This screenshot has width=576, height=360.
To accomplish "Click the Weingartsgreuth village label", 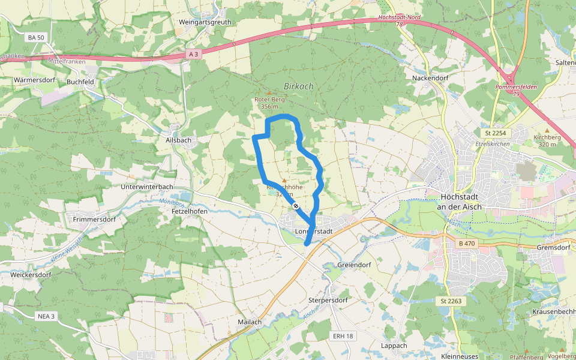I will click(205, 22).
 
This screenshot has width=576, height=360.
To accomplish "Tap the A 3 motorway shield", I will click(193, 54).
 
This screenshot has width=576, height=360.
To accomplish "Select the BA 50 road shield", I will click(36, 37).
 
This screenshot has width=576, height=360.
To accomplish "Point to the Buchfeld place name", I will click(81, 82).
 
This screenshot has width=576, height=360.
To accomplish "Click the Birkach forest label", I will click(298, 86).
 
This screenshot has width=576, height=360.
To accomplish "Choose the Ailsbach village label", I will click(178, 140).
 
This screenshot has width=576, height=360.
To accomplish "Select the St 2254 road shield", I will click(493, 133).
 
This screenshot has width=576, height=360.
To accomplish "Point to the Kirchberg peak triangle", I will click(547, 130).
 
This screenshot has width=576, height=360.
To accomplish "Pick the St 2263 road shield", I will click(451, 301).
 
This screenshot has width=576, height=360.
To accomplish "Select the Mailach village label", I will click(250, 322).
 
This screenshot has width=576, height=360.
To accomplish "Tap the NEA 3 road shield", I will click(45, 316).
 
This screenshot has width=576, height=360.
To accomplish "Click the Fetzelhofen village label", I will click(190, 212).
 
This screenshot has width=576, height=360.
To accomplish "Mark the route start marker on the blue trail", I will click(296, 206).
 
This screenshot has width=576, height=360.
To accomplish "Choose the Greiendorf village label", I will click(355, 265).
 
